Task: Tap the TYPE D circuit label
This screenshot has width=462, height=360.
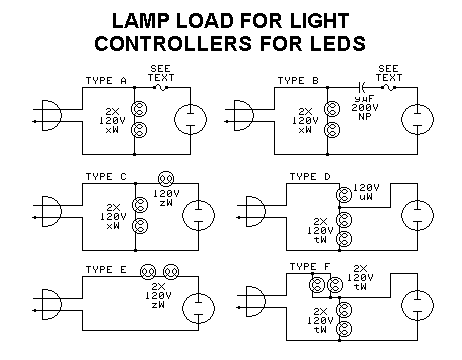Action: coord(310,178)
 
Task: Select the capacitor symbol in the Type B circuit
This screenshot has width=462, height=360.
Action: coord(360,88)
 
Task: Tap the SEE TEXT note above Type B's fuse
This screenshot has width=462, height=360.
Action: coord(390,73)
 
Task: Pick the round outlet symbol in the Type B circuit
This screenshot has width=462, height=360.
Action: coord(411,119)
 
